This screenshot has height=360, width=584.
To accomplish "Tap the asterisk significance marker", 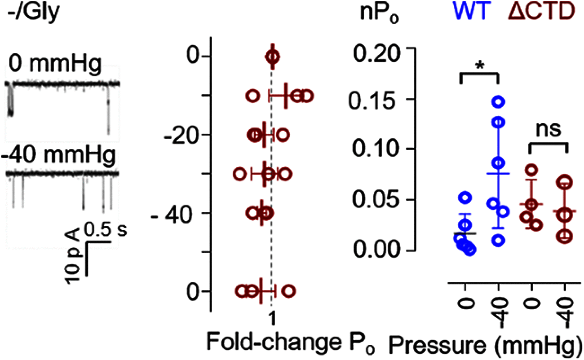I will pos(479,66).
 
